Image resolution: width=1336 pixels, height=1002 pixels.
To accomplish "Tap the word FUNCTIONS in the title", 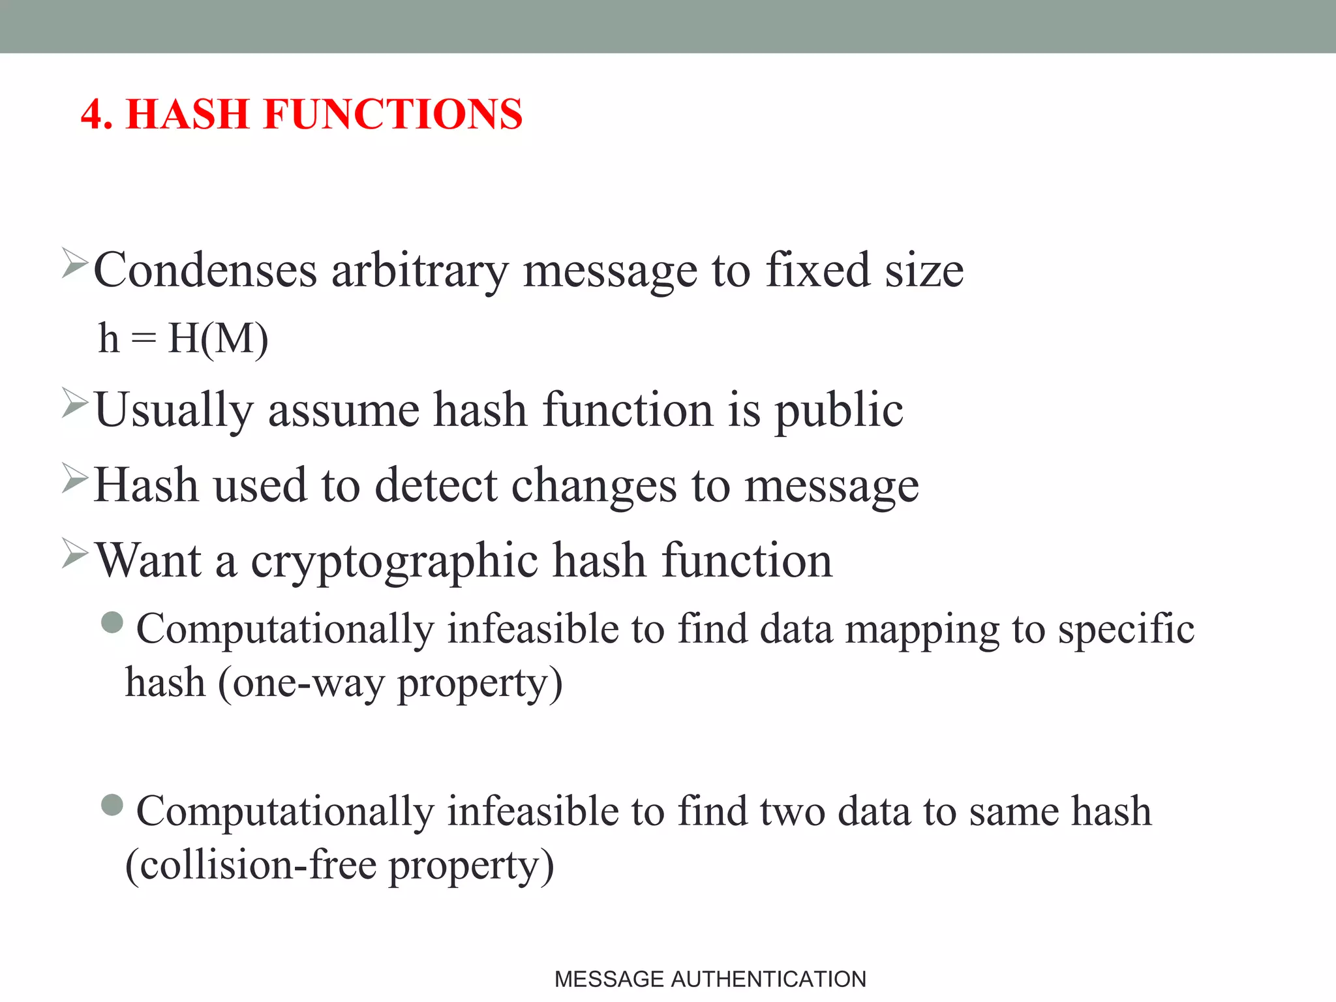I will [393, 115].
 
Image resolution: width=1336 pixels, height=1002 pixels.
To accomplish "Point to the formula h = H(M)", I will [183, 339].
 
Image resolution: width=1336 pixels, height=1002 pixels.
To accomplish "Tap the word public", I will [838, 410].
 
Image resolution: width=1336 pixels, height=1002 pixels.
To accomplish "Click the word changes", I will [594, 486].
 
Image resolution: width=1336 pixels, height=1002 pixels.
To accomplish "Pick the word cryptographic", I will [395, 561].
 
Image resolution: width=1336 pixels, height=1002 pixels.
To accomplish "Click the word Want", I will [149, 561].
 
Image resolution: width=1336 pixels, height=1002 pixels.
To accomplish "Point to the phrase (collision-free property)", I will [339, 866].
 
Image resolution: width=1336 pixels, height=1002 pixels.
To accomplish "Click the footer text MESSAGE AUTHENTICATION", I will [710, 979].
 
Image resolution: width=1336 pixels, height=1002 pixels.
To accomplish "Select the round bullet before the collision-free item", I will [113, 804].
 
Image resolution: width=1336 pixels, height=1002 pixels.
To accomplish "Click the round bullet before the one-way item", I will [113, 622].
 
